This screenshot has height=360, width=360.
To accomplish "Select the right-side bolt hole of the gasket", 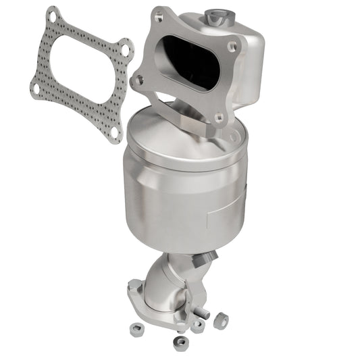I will click(124, 49).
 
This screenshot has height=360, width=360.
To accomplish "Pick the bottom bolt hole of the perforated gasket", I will click(114, 132).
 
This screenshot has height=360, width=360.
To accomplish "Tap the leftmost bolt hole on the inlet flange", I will click(140, 80).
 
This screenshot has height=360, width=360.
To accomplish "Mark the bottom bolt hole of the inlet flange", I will click(217, 118).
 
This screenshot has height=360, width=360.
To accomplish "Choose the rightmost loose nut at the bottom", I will click(221, 321).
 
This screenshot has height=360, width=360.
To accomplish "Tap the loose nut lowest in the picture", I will click(180, 343).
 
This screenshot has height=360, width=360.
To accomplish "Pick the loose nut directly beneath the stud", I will click(198, 326).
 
